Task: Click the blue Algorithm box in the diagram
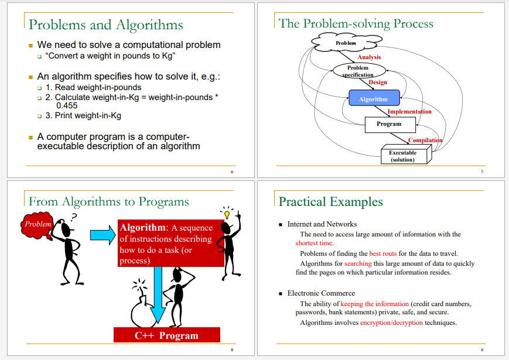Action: pos(374,98)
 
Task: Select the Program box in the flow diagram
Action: pos(390,125)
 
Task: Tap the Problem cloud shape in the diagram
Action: pos(346,43)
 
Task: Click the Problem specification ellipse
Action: pos(359,70)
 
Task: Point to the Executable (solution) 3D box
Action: pos(406,155)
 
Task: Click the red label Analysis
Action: pos(369,57)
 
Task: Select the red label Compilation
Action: pos(425,140)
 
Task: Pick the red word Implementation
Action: pos(409,112)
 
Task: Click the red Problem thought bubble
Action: pos(37,225)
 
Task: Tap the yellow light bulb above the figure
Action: pos(227,214)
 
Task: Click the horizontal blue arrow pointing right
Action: pos(103,235)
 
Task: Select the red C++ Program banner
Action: pos(167,335)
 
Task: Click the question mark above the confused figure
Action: pos(74,217)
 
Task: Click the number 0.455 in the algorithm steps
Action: pos(67,106)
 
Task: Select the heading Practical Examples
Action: pos(331,202)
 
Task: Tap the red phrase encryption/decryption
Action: pos(391,323)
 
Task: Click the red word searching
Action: pos(358,263)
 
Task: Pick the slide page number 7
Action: pos(482,172)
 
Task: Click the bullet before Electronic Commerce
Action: pos(281,294)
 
